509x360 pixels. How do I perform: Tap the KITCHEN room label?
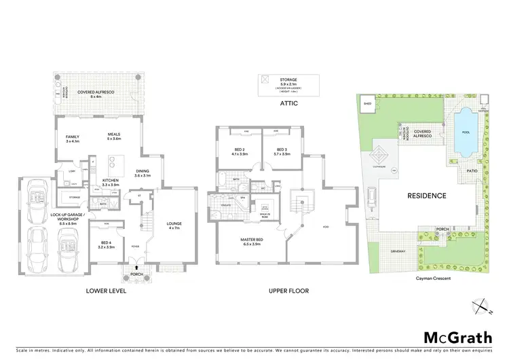pyautogui.click(x=110, y=181)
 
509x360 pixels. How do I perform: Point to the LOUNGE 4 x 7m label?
pyautogui.click(x=174, y=225)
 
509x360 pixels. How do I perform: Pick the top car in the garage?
pyautogui.click(x=37, y=198)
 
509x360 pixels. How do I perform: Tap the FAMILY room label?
pyautogui.click(x=73, y=139)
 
